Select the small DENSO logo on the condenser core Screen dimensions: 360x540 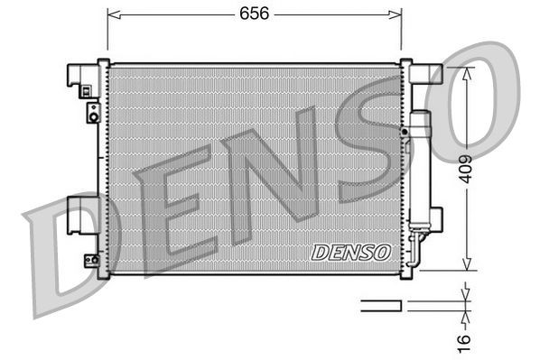click(x=350, y=253)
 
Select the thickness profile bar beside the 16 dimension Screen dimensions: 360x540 click(x=381, y=305)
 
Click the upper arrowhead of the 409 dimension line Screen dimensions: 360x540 click(x=465, y=71)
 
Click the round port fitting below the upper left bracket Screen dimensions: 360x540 click(x=91, y=112)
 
